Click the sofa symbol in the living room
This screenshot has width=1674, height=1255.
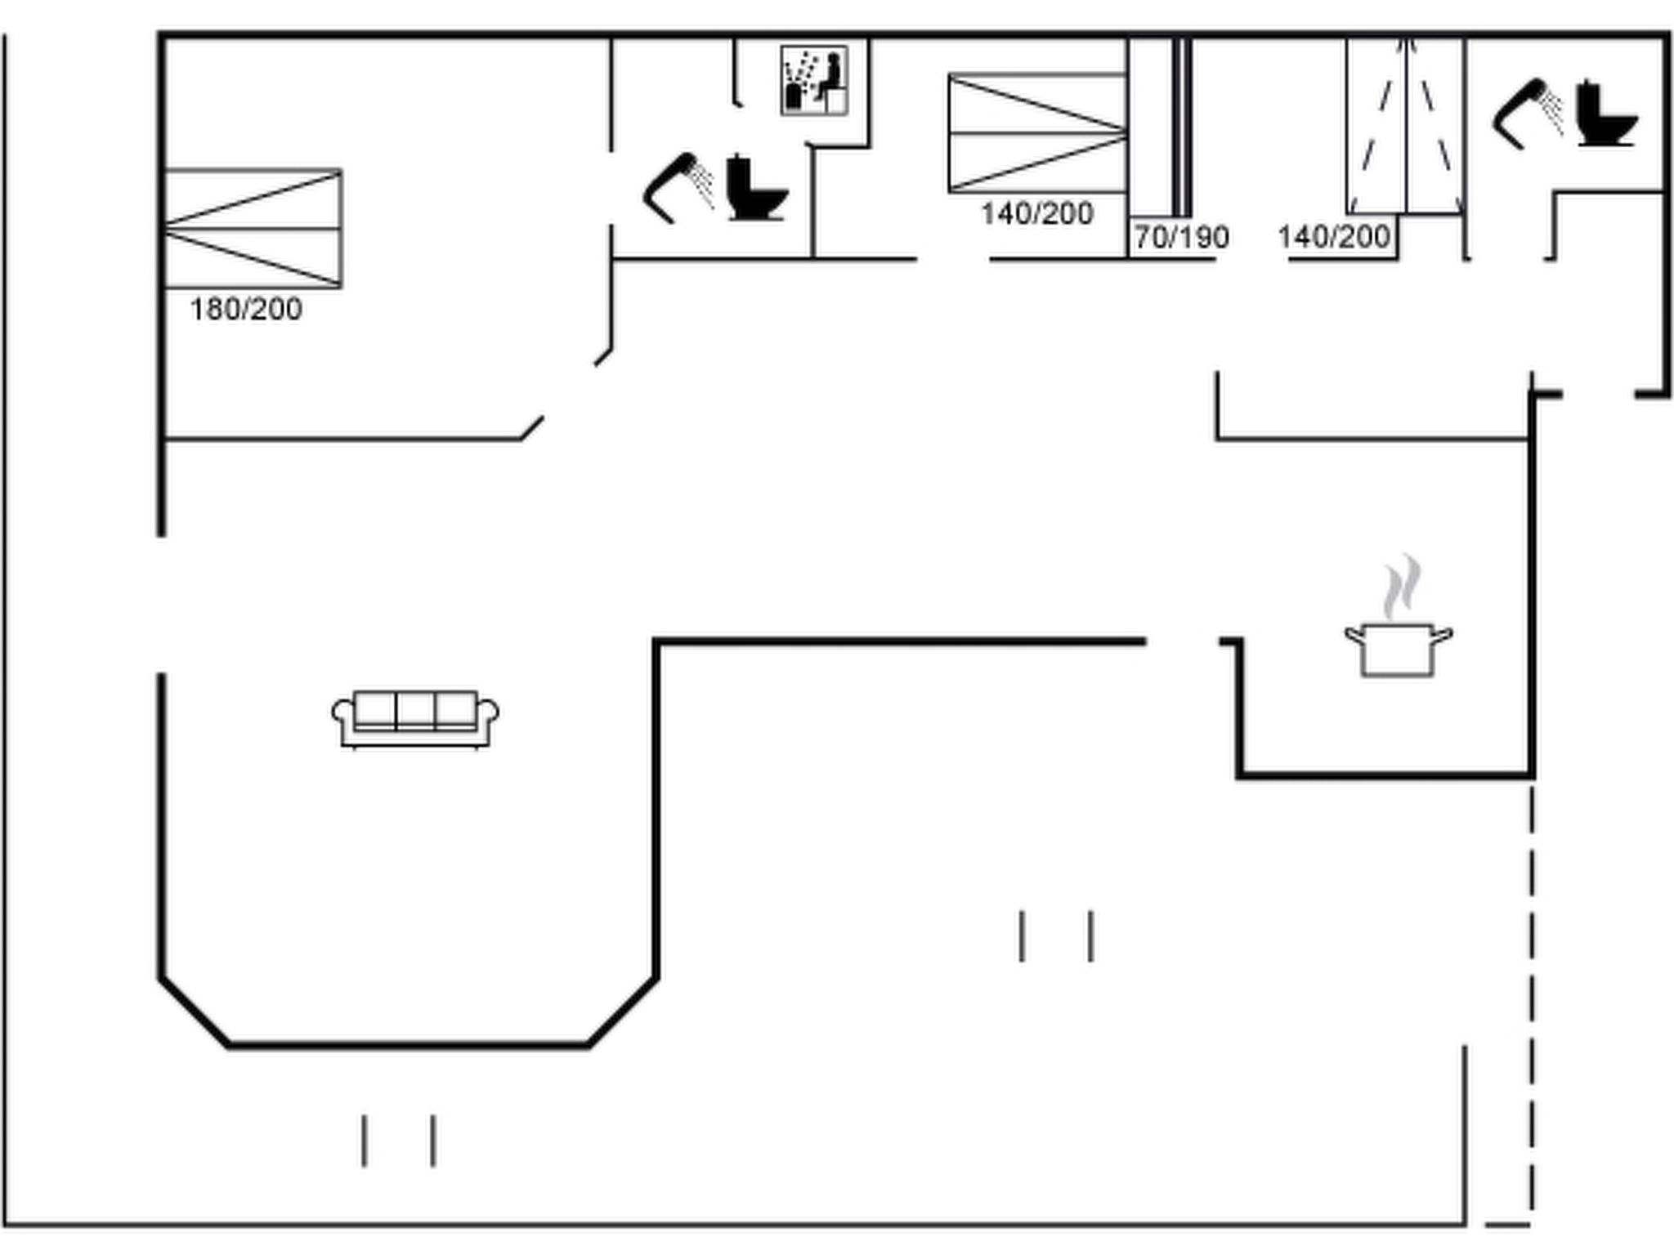pos(415,719)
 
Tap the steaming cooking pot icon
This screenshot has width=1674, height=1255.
pos(1399,616)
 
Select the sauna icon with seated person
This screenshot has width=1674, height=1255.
pos(814,80)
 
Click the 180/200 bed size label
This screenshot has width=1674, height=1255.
pos(246,310)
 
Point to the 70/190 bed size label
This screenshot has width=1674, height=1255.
pos(1182,238)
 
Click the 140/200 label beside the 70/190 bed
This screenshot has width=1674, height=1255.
pos(1037,214)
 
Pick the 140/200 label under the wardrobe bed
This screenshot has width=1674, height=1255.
pos(1334,237)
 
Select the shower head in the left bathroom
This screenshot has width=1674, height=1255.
pos(678,187)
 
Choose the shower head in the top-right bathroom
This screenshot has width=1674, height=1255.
pos(1528,114)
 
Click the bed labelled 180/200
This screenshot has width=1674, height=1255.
pos(253,229)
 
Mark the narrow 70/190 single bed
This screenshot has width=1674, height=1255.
pos(1159,127)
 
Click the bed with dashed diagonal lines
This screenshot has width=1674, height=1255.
pos(1405,127)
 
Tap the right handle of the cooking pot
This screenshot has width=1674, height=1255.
pos(1443,635)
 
